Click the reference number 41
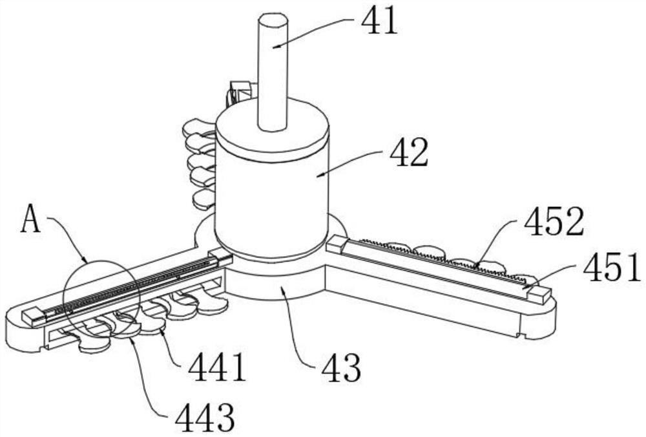[x=379, y=21]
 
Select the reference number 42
[x=409, y=152]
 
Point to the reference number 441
[x=216, y=368]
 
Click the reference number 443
[x=205, y=417]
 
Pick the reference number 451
[x=611, y=267]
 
